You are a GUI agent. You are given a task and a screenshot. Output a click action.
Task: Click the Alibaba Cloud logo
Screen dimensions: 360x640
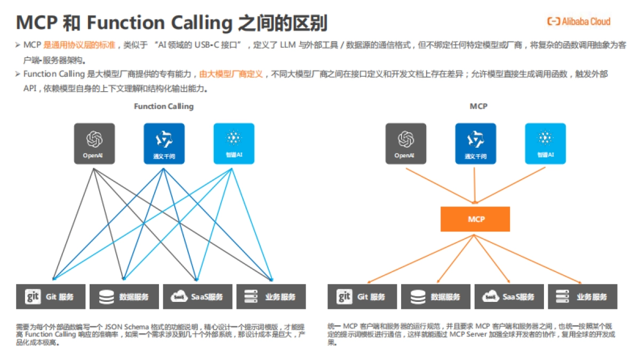[x=578, y=21]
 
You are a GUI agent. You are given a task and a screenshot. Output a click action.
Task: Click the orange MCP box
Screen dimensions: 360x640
[x=475, y=219]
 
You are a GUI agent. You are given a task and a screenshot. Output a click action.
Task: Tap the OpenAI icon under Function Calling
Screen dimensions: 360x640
[x=94, y=143]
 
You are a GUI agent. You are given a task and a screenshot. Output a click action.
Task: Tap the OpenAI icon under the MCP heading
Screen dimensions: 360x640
[x=406, y=143]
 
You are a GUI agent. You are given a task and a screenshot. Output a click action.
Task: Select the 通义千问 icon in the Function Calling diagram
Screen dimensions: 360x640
[x=164, y=143]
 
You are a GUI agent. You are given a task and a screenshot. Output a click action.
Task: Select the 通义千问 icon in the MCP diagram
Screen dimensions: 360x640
[x=475, y=143]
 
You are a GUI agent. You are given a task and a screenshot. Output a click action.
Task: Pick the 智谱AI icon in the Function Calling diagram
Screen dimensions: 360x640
[x=234, y=143]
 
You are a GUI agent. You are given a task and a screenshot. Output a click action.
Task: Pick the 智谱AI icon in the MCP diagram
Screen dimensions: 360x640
[x=545, y=143]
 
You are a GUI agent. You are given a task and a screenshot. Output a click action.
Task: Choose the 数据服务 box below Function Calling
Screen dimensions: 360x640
[x=124, y=297]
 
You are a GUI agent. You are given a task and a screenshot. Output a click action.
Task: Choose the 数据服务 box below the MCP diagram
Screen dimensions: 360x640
[x=435, y=297]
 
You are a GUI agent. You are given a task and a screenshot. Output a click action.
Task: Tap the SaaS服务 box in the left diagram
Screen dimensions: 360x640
[x=197, y=297]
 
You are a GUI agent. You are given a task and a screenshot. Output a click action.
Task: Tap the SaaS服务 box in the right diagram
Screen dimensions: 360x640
[x=509, y=297]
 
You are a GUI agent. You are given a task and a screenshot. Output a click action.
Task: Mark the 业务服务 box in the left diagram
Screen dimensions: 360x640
[x=271, y=297]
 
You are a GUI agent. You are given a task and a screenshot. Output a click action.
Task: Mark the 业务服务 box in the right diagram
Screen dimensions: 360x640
[x=582, y=297]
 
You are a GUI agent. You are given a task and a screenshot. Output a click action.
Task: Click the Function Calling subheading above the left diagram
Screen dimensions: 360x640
[x=164, y=106]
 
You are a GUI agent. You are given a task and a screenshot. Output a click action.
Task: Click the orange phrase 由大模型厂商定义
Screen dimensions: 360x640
[x=231, y=74]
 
